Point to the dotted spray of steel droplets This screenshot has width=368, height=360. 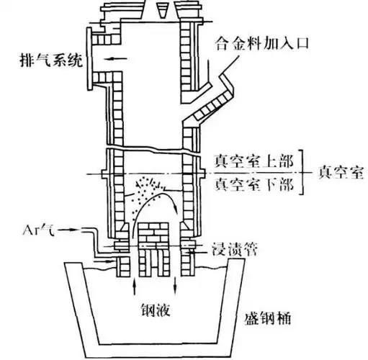(148, 183)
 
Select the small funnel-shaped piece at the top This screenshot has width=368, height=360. (159, 10)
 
